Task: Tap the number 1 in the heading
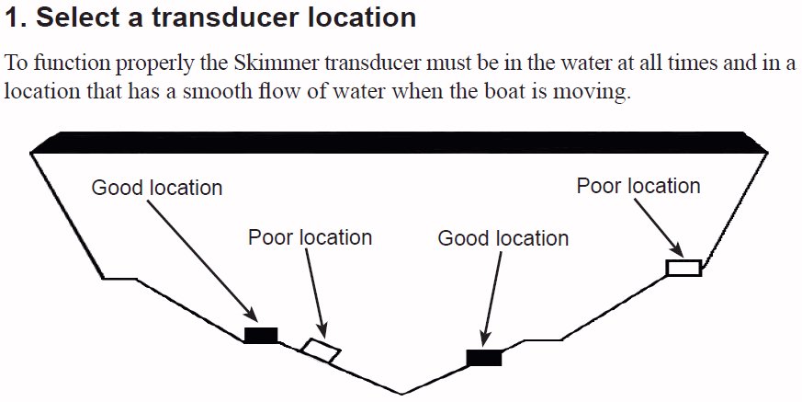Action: [13, 17]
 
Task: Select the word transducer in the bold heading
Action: [225, 17]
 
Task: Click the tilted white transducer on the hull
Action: [322, 350]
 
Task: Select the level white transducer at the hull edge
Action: [683, 268]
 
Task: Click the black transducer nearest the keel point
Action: [484, 358]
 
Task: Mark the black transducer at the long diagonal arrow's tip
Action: [261, 336]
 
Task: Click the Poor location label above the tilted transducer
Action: [310, 237]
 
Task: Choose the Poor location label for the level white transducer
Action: [638, 186]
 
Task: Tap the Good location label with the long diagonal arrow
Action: [157, 188]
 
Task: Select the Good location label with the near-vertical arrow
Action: [503, 238]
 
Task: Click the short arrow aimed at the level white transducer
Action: [659, 227]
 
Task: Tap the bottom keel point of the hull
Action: [402, 395]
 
